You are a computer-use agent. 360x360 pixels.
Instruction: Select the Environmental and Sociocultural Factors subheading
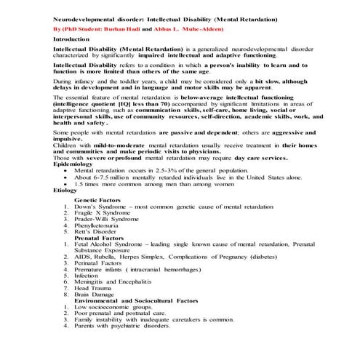136,300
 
